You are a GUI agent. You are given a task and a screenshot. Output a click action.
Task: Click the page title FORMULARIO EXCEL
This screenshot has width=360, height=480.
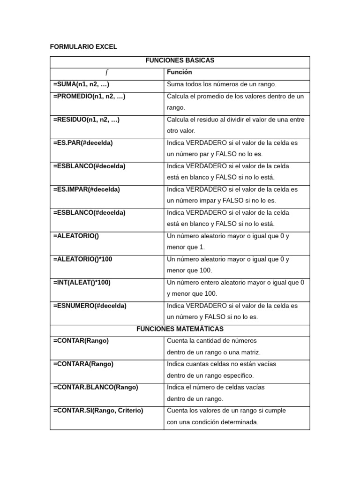[x=83, y=47]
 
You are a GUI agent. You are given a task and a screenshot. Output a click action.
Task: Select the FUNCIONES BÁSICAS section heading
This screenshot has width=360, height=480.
[x=180, y=61]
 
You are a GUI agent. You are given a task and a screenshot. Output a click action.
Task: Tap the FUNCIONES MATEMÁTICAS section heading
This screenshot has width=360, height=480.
[x=180, y=329]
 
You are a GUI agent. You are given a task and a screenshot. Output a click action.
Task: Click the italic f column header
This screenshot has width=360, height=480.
[x=106, y=73]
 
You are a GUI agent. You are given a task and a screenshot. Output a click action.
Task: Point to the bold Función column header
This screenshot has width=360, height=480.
[x=179, y=72]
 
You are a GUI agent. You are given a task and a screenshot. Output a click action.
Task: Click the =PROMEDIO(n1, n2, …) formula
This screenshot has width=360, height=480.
[x=89, y=96]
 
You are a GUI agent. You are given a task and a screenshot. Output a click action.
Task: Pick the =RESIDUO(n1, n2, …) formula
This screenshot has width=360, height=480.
[x=86, y=120]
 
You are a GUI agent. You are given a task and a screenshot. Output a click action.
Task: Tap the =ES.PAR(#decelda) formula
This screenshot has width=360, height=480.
[x=83, y=143]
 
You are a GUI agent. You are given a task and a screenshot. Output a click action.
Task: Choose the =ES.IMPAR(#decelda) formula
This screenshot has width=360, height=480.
[x=86, y=189]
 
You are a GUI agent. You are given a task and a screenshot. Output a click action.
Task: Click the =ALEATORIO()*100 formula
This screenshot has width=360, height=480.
[x=82, y=259]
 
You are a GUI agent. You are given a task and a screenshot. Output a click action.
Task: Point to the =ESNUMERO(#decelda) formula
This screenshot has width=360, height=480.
[x=90, y=306]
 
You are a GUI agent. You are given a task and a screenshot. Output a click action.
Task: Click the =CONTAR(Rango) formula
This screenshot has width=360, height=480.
[x=81, y=341]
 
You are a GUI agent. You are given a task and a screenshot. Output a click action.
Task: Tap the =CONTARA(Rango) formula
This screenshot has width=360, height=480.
[x=83, y=364]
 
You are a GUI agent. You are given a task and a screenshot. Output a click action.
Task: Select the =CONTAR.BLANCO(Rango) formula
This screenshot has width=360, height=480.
[x=96, y=387]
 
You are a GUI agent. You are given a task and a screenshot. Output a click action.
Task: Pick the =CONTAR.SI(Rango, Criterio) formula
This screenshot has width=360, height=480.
[x=98, y=411]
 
